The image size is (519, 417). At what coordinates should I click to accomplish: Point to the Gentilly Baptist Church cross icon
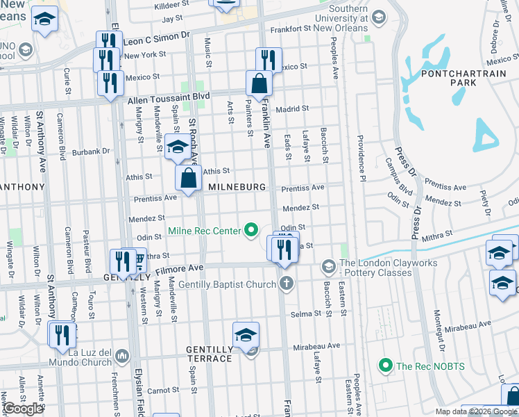[x=286, y=282]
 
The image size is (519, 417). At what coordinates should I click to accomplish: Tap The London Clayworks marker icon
[x=327, y=266]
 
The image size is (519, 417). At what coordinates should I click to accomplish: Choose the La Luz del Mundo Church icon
[x=123, y=356]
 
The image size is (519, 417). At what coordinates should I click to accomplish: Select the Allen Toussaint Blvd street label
[x=169, y=100]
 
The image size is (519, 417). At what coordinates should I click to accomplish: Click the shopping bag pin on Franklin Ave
[x=259, y=83]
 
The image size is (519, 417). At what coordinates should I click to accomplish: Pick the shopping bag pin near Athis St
[x=188, y=178]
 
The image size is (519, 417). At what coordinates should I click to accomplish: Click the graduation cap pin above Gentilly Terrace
[x=245, y=335]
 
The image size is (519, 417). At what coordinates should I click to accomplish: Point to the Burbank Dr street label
[x=91, y=150]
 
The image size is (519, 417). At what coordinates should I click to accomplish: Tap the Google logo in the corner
[x=23, y=409]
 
